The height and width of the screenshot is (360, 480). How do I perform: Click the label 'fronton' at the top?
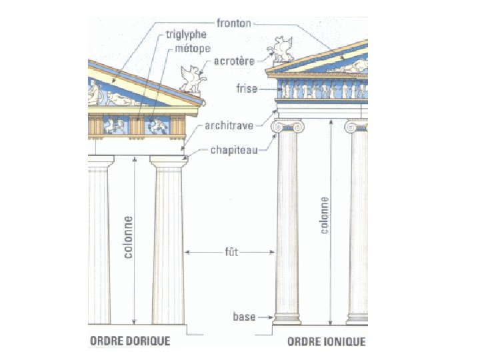[233, 23]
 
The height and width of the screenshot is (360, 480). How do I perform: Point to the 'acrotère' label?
[235, 62]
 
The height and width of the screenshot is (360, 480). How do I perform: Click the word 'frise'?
[247, 88]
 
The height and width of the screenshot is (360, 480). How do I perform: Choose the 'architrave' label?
[229, 125]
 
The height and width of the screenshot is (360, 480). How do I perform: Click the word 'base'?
[244, 316]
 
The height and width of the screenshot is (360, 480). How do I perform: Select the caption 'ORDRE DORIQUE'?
[129, 341]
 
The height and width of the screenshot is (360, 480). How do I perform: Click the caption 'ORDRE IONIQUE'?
[326, 341]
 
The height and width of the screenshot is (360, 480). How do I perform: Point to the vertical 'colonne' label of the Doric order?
[127, 236]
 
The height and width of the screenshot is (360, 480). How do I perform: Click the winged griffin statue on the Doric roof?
[192, 79]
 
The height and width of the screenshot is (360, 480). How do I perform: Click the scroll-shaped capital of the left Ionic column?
[287, 126]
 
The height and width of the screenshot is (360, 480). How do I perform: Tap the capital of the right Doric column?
[169, 161]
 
